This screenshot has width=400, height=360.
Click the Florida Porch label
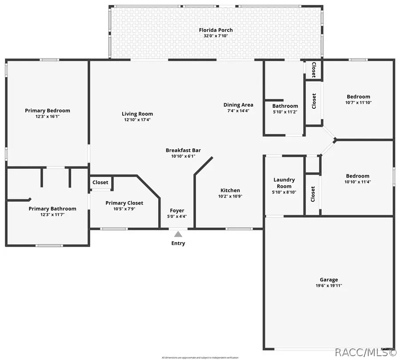(218, 30)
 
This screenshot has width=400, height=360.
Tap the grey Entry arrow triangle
(178, 234)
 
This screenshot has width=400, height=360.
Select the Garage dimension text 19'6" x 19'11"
(329, 285)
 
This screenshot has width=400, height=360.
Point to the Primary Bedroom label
(48, 111)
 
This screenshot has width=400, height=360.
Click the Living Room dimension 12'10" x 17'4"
(138, 120)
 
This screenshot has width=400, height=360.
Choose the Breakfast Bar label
(180, 150)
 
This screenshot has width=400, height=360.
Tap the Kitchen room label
(230, 190)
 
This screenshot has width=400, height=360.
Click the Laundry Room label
(284, 183)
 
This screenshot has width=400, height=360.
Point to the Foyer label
(177, 210)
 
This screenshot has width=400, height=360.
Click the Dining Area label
(238, 105)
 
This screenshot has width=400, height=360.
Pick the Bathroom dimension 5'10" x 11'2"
(285, 112)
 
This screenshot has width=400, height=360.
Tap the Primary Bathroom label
(52, 209)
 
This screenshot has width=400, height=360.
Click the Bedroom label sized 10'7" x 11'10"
(358, 97)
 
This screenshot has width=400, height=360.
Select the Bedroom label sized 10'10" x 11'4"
(358, 176)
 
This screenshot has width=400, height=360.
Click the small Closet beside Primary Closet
(100, 182)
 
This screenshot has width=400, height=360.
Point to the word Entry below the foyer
(178, 243)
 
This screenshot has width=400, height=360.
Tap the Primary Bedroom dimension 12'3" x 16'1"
(48, 116)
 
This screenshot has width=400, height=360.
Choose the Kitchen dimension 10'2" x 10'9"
(230, 196)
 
